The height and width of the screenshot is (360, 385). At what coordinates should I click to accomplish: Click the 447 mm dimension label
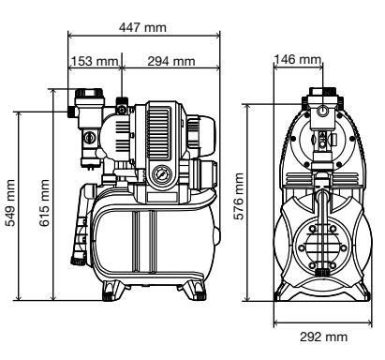coord(142,27)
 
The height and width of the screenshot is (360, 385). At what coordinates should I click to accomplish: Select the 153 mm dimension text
coord(95,61)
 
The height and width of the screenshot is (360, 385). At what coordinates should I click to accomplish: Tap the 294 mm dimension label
coord(171,61)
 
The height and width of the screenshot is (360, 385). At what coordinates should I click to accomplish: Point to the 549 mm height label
coord(10,202)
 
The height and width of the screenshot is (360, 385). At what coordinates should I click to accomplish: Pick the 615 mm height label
coord(44,202)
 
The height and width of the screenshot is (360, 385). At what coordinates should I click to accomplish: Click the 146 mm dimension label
coord(297,59)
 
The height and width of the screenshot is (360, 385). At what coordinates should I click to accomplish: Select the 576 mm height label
coord(239,196)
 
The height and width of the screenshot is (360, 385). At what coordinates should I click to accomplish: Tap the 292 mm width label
coord(323,337)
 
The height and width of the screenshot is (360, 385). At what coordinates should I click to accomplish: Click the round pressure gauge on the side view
coord(162,175)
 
